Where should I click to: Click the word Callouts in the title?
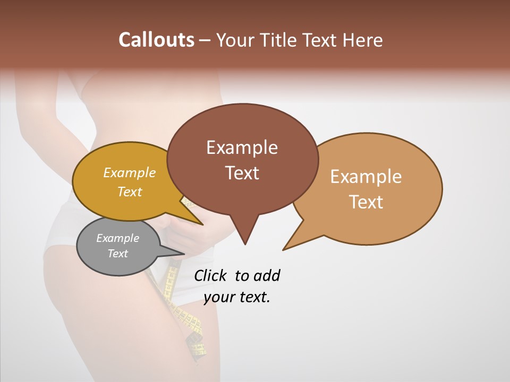pyautogui.click(x=156, y=40)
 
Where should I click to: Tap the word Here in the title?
pyautogui.click(x=363, y=40)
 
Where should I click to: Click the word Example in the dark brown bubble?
pyautogui.click(x=242, y=147)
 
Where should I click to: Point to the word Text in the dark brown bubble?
pyautogui.click(x=242, y=172)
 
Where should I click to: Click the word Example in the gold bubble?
pyautogui.click(x=130, y=173)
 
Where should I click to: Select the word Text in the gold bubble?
pyautogui.click(x=130, y=192)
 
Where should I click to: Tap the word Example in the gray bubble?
pyautogui.click(x=117, y=238)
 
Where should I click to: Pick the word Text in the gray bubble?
pyautogui.click(x=117, y=254)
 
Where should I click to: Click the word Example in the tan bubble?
pyautogui.click(x=366, y=177)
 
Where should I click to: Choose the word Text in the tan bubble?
pyautogui.click(x=366, y=202)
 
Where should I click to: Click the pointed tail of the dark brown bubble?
pyautogui.click(x=245, y=236)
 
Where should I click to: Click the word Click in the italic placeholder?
pyautogui.click(x=210, y=276)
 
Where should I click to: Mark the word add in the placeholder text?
pyautogui.click(x=267, y=276)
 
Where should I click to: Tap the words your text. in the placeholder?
pyautogui.click(x=237, y=297)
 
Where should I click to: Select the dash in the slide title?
pyautogui.click(x=206, y=41)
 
